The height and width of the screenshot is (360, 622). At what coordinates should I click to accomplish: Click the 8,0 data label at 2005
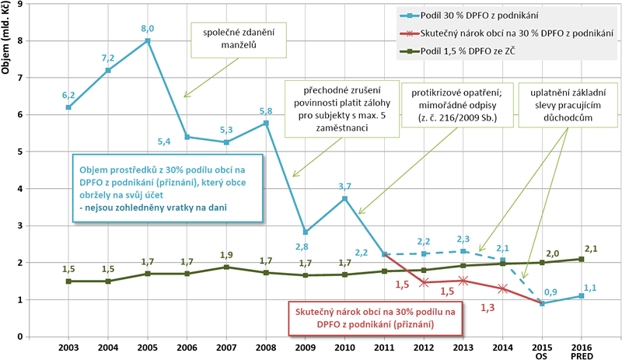click(147, 29)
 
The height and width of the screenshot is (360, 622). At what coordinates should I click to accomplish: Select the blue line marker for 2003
click(68, 107)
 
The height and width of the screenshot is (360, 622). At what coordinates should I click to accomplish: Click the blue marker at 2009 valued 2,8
click(305, 232)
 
